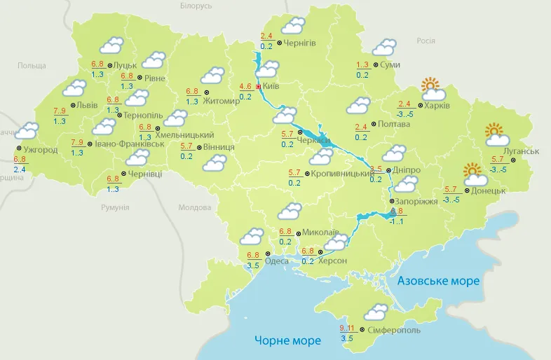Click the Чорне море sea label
(287, 340)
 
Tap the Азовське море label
(438, 281)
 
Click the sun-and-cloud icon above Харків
(433, 89)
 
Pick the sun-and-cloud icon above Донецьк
(475, 173)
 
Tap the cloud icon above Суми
(383, 48)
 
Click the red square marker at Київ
(258, 87)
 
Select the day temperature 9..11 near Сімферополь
(346, 327)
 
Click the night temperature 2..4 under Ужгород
(20, 169)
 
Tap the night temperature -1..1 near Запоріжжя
(397, 221)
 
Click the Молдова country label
(194, 208)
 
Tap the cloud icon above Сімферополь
(376, 312)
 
